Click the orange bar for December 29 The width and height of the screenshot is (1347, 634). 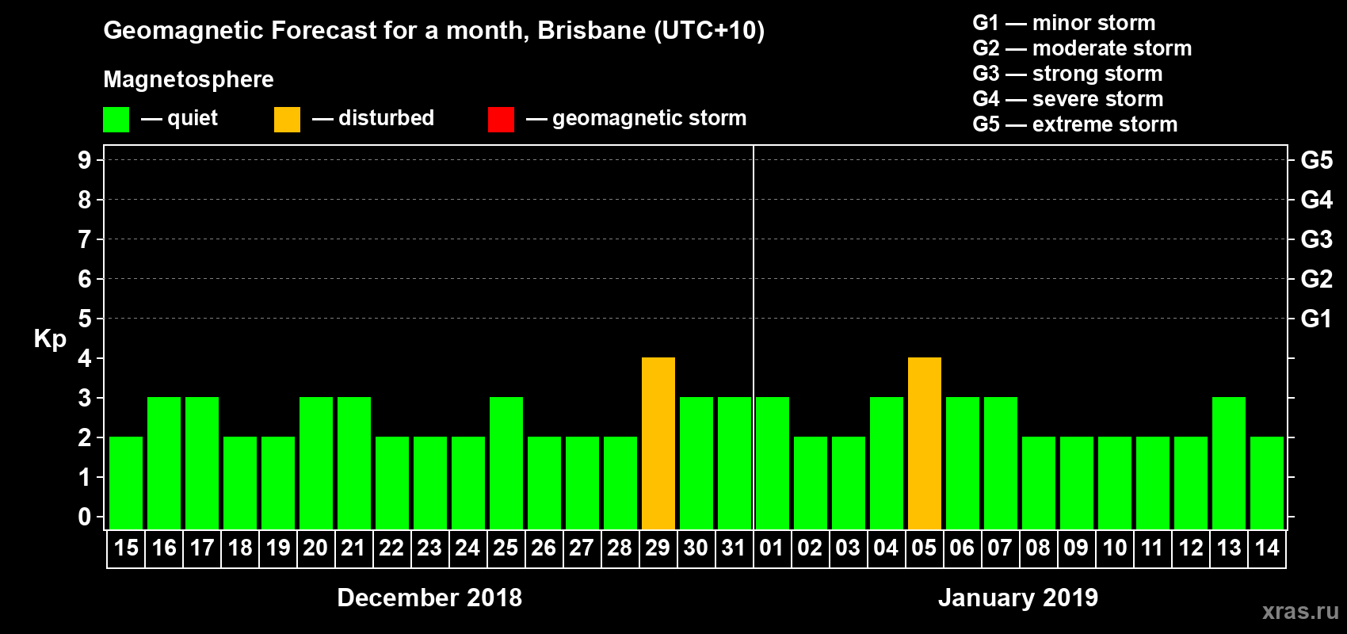658,443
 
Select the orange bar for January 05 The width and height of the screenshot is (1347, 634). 924,443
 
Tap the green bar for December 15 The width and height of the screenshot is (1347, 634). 126,483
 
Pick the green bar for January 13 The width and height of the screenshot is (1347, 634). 1228,463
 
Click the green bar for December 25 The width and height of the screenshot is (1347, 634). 506,463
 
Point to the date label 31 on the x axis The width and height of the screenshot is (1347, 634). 734,548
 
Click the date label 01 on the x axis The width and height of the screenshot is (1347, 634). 772,548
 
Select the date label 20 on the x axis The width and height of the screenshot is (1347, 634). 315,548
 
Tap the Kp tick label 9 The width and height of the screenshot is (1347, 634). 85,160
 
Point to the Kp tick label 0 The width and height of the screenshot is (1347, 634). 85,517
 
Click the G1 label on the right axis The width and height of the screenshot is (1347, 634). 1316,319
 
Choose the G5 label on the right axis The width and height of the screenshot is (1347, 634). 1316,160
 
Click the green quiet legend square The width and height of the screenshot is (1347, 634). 116,120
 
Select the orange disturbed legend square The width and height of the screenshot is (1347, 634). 287,120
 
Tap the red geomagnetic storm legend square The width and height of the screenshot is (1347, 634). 501,120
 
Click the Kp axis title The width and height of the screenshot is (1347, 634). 50,338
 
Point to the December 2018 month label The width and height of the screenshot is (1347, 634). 429,598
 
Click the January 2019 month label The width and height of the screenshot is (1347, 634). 1018,598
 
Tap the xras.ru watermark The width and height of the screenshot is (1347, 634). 1299,611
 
